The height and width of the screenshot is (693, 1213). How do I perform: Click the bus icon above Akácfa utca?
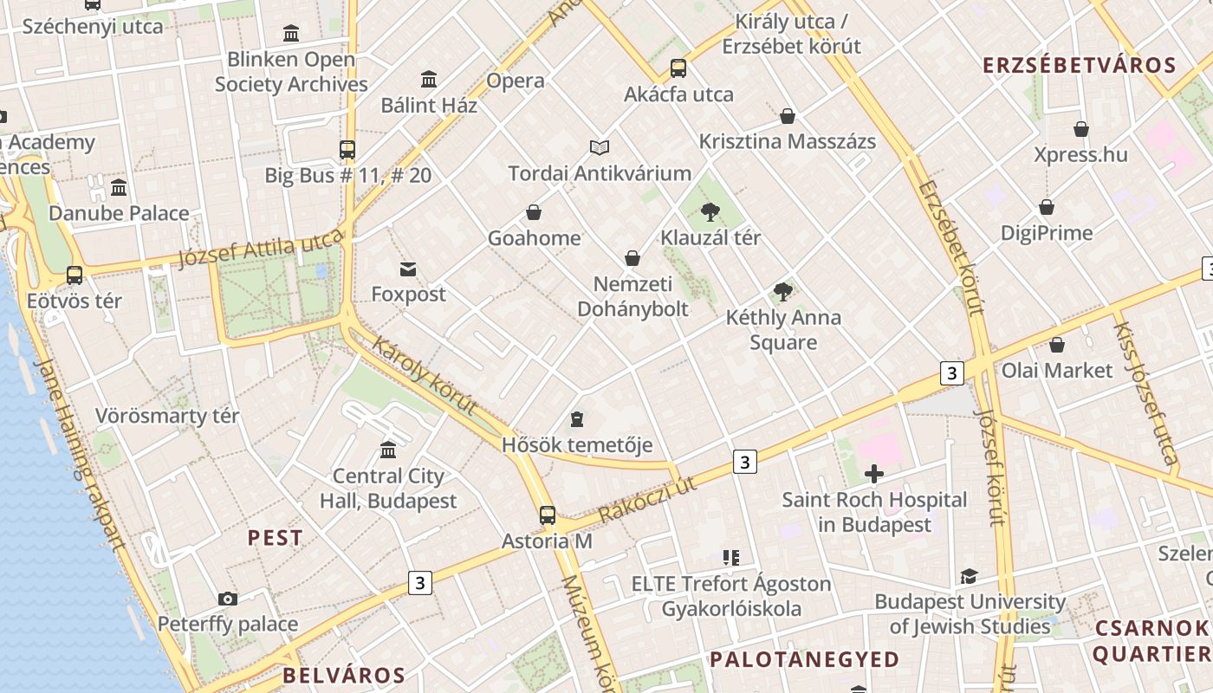[678, 68]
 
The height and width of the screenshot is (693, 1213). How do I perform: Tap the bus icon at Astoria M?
[548, 515]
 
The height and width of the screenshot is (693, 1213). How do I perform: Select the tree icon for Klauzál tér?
[710, 211]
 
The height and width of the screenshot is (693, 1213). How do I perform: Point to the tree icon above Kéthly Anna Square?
[783, 292]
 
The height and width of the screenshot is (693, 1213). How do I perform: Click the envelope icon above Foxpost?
[408, 269]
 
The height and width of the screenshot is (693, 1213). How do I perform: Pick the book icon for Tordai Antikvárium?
[600, 147]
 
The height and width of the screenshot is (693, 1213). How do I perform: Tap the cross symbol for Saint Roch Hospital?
[874, 474]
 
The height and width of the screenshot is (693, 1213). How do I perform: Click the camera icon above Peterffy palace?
[228, 599]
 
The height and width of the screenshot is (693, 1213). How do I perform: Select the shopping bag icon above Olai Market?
[1056, 345]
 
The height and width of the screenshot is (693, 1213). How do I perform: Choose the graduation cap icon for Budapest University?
[969, 576]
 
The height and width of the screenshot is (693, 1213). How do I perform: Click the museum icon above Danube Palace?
[119, 187]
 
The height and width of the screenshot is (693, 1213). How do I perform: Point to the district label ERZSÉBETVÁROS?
[1080, 65]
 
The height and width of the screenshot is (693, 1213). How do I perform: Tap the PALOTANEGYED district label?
[805, 659]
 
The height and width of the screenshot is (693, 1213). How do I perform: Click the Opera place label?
[516, 81]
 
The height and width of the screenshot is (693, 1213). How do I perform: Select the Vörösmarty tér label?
[167, 416]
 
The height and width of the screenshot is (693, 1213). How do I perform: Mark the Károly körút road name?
[425, 375]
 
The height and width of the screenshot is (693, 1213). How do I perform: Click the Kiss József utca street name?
[1145, 393]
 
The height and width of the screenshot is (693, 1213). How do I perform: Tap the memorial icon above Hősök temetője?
[577, 420]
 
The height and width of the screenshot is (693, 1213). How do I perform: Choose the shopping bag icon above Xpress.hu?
[1081, 129]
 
